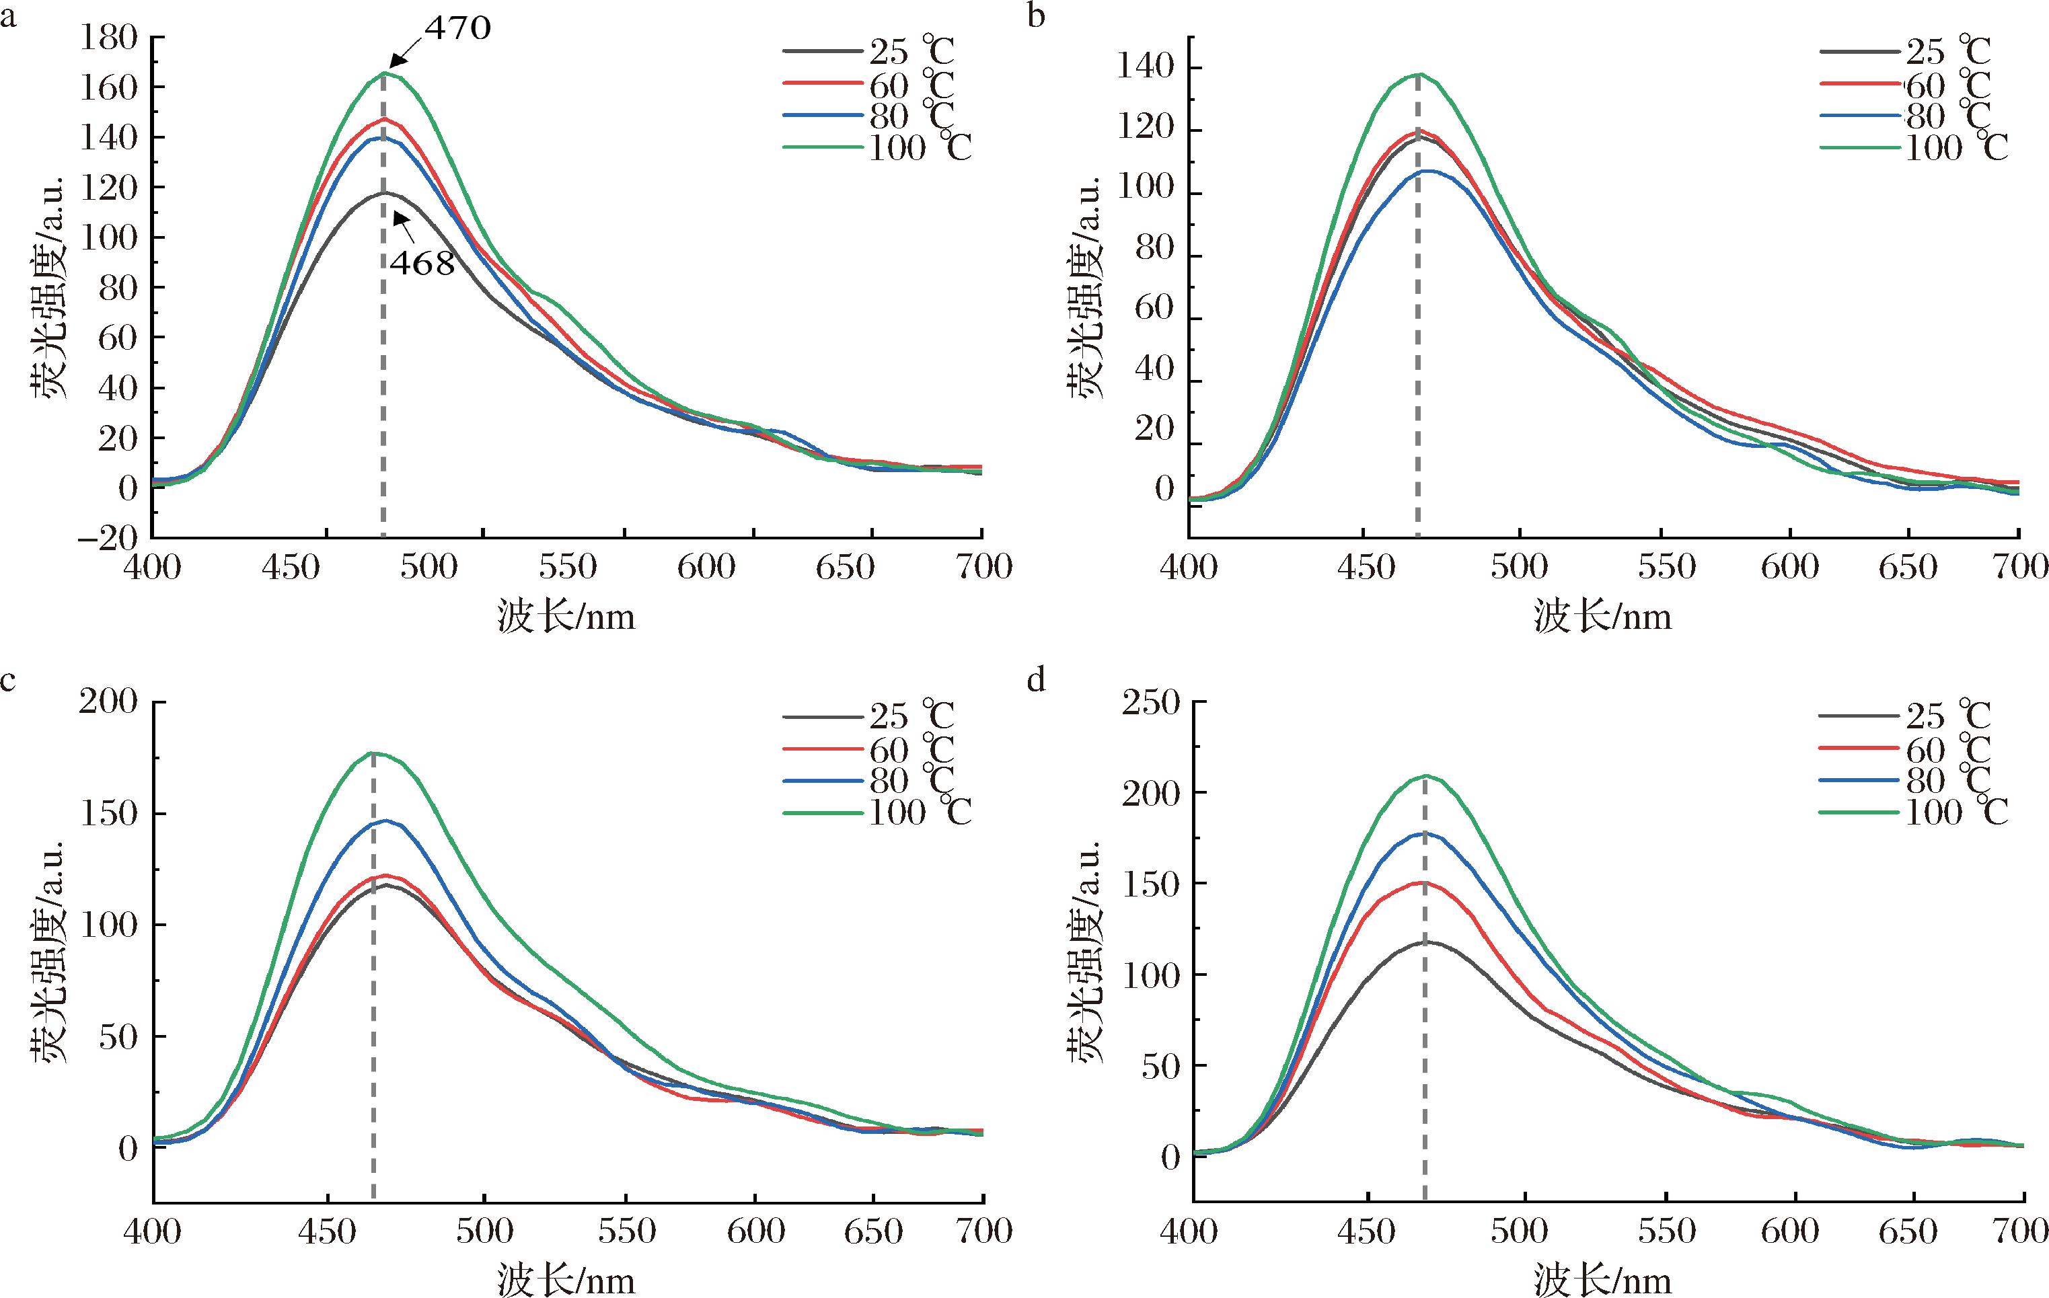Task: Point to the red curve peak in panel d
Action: [x=1423, y=882]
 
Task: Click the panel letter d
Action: [x=1037, y=681]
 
